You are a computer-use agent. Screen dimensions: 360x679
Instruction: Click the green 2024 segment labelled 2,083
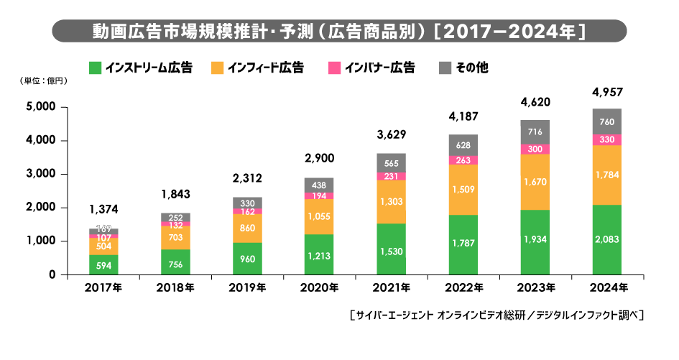click(606, 239)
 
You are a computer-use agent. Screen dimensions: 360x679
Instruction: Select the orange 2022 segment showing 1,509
click(463, 190)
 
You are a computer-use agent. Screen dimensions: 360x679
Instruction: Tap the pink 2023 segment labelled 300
click(535, 149)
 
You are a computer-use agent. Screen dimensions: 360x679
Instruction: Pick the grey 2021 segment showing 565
click(391, 162)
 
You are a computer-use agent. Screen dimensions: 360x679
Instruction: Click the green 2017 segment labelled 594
click(103, 264)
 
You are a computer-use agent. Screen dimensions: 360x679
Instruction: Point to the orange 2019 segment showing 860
click(247, 228)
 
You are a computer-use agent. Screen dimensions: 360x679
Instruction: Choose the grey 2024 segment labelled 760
click(606, 121)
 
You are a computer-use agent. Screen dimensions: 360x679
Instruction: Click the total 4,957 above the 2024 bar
click(606, 92)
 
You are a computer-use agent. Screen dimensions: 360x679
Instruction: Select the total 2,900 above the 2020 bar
click(319, 157)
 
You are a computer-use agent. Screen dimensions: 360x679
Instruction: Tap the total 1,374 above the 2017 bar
click(103, 209)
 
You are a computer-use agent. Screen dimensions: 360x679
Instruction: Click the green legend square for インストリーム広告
click(94, 68)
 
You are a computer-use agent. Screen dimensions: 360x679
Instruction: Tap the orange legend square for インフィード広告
click(216, 68)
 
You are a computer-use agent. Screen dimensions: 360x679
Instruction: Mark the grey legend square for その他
click(444, 68)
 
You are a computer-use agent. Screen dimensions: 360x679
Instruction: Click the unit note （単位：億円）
click(45, 81)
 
